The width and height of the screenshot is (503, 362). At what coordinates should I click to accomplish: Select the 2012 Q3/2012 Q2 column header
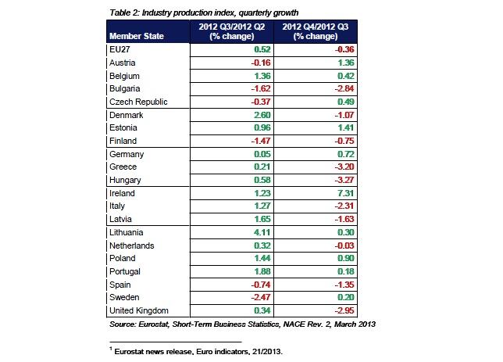click(233, 31)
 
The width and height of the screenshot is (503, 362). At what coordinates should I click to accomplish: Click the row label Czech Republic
click(137, 101)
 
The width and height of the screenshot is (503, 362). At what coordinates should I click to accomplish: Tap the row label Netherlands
click(132, 246)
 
